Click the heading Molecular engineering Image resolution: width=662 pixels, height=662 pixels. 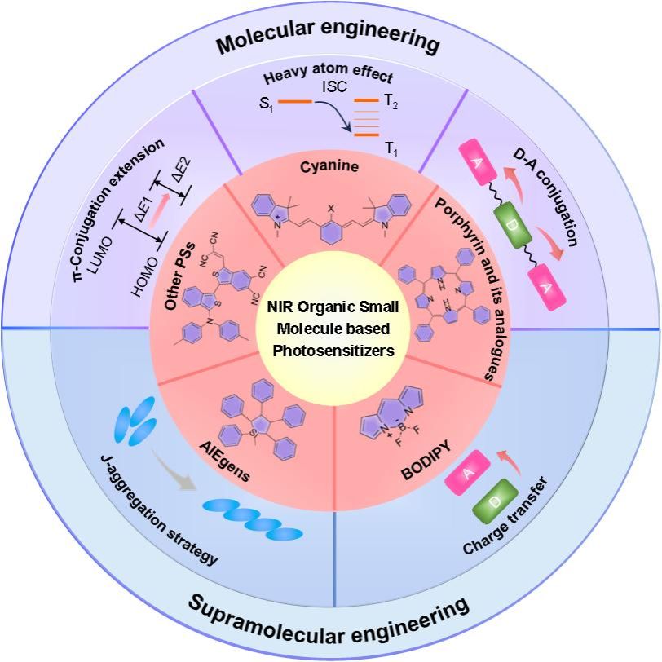click(330, 42)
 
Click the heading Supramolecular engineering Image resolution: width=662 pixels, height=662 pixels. click(330, 617)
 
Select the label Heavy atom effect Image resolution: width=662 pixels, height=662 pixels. click(331, 78)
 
